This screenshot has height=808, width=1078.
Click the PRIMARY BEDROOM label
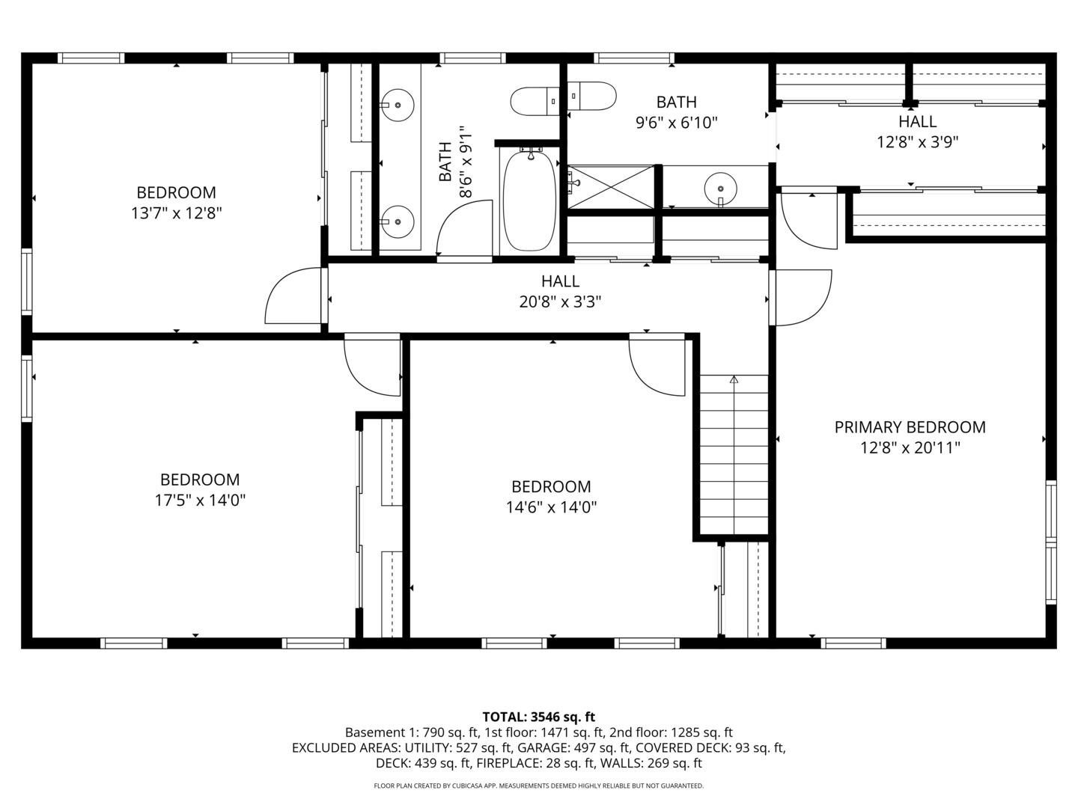coord(910,427)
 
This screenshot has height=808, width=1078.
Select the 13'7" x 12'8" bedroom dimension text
coord(176,213)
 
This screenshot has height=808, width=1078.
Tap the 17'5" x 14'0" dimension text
coord(200,501)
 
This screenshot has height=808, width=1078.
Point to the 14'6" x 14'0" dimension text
coord(551,507)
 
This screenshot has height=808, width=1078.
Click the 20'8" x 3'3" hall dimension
coord(560,302)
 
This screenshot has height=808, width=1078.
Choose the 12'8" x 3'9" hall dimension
coord(917,141)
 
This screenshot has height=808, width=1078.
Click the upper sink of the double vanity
coord(398,106)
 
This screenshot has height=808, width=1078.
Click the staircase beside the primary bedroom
coord(734,456)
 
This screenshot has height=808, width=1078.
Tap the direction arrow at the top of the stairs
coord(734,380)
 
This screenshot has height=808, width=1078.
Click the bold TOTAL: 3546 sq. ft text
coord(538,717)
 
